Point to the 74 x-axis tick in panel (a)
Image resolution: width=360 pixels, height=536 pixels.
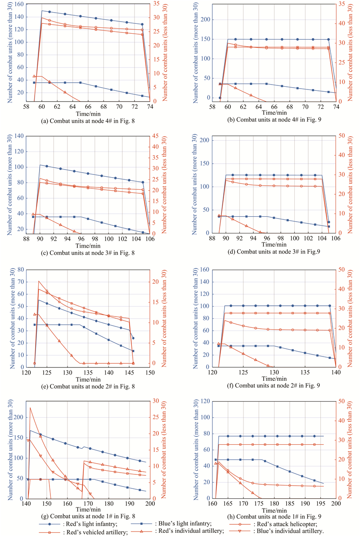[149, 107]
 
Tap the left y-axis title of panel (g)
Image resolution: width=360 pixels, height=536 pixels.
[10, 450]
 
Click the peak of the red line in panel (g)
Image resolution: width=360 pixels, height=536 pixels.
[30, 407]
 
